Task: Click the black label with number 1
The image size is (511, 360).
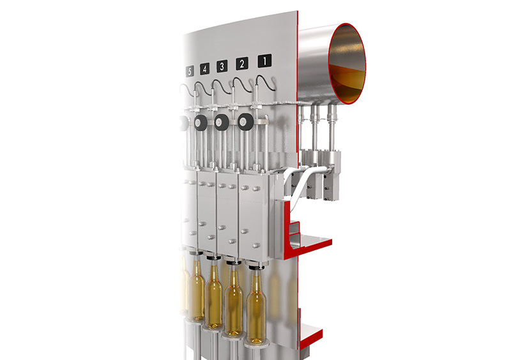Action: pyautogui.click(x=264, y=61)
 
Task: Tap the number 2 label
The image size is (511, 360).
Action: pyautogui.click(x=242, y=64)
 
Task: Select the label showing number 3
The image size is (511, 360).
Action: pyautogui.click(x=222, y=66)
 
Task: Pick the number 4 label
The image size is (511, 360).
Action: pyautogui.click(x=204, y=69)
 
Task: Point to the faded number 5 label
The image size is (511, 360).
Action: pyautogui.click(x=190, y=71)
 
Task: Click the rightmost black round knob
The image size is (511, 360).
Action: pyautogui.click(x=246, y=122)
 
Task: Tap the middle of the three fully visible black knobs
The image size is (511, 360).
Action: pyautogui.click(x=222, y=122)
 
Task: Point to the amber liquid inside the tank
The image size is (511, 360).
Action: pyautogui.click(x=347, y=82)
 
